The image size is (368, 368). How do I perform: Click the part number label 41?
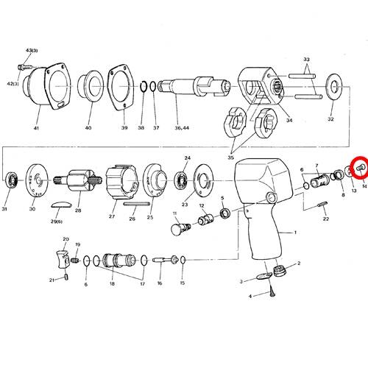pyautogui.click(x=36, y=128)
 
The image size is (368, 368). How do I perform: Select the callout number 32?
pyautogui.click(x=330, y=119)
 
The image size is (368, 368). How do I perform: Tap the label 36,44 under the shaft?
pyautogui.click(x=182, y=128)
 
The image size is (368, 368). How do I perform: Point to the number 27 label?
pyautogui.click(x=112, y=216)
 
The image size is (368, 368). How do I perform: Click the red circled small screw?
pyautogui.click(x=360, y=168)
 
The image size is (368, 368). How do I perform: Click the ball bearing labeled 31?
pyautogui.click(x=11, y=180)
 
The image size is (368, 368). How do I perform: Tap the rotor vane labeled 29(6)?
pyautogui.click(x=61, y=205)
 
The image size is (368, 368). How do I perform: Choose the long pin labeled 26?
pyautogui.click(x=136, y=204)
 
